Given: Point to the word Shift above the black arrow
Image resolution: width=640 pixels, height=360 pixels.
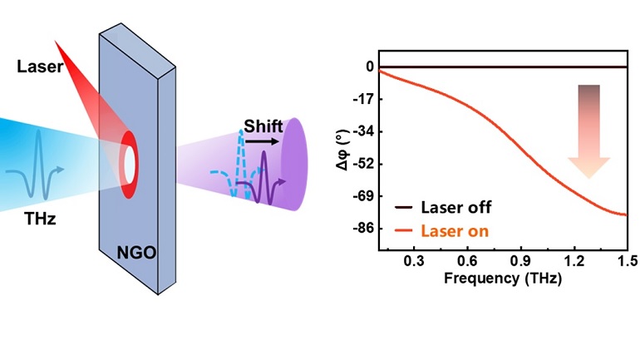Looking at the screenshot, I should (x=263, y=126).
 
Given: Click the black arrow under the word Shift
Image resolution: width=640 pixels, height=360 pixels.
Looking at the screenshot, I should (x=263, y=141).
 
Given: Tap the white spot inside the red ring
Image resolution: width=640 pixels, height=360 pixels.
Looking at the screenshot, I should (x=130, y=164).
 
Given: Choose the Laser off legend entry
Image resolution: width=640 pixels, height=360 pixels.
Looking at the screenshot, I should (x=444, y=208).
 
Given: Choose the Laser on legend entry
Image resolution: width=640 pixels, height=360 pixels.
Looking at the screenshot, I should (x=444, y=230).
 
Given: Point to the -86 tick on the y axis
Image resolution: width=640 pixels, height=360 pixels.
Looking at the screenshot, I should (x=362, y=228).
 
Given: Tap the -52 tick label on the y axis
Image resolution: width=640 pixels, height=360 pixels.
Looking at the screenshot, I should (x=362, y=164).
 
